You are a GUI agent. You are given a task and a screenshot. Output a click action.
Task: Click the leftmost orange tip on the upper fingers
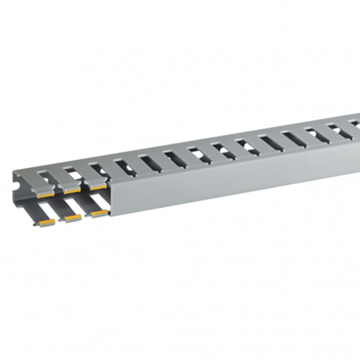coord(46,194)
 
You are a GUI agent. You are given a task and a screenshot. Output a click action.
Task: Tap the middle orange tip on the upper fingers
coord(72,190)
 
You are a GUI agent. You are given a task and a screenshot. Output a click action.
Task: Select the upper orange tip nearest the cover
coord(98,186)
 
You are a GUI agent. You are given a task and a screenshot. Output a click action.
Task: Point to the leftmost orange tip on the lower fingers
coord(46,224)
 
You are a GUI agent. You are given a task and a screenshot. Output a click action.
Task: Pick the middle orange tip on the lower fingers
coord(72,218)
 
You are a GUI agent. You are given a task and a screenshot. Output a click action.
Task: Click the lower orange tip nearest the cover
coord(99,213)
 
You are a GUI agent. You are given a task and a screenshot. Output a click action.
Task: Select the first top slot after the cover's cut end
coord(124,167)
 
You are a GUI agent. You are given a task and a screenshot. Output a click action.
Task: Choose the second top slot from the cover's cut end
coord(151,162)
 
